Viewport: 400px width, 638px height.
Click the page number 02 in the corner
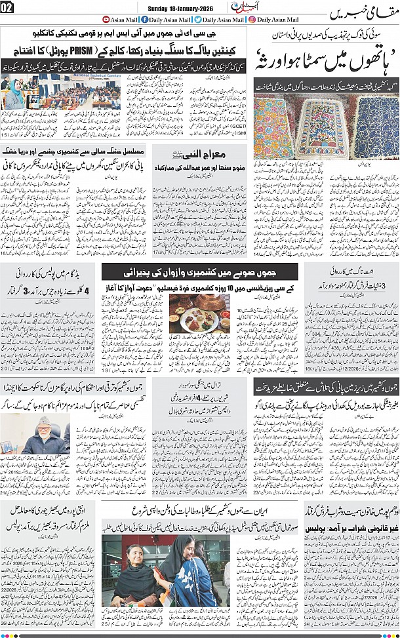coord(7,7)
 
